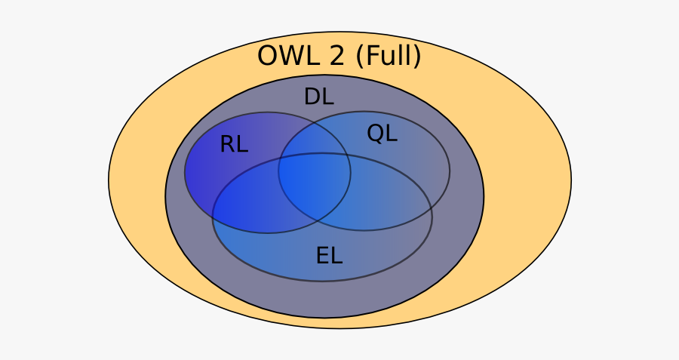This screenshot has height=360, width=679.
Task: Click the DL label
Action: (318, 97)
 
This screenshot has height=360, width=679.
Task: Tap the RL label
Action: (233, 144)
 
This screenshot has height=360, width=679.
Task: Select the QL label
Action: (382, 133)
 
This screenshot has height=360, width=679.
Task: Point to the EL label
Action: (329, 256)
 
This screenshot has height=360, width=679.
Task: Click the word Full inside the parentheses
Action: (388, 56)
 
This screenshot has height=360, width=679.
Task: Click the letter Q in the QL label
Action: (375, 133)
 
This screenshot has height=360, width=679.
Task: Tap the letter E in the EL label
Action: (323, 256)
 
